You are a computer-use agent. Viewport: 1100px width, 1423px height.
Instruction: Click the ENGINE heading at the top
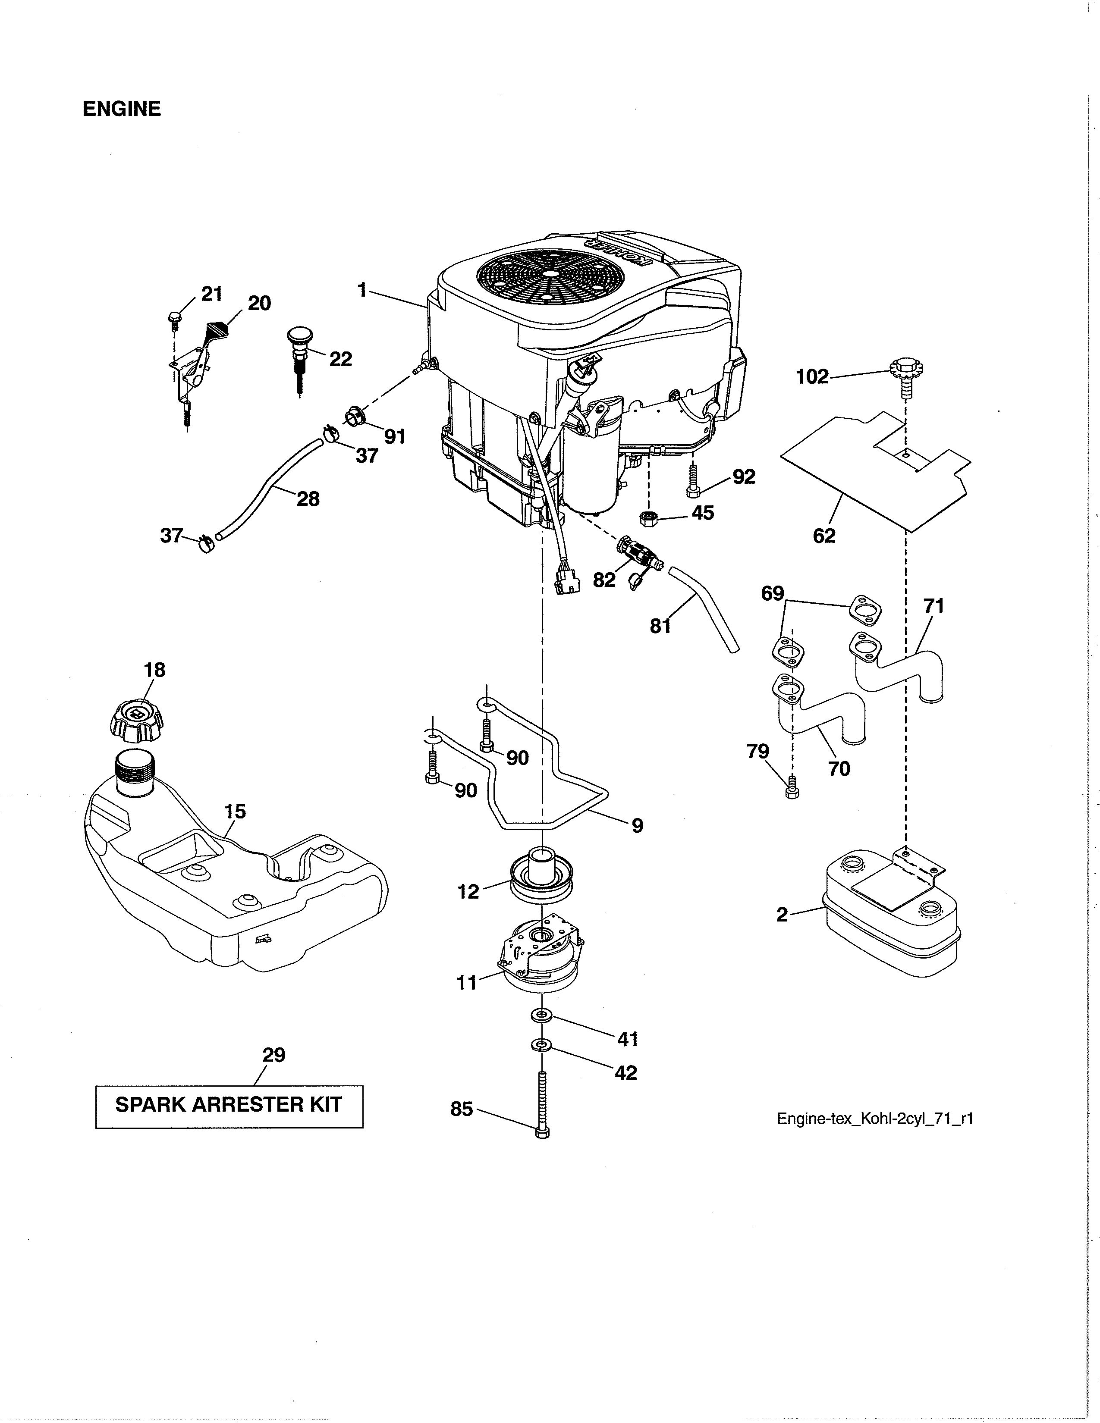(x=121, y=109)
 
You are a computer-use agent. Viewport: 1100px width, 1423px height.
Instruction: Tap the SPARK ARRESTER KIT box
(x=229, y=1105)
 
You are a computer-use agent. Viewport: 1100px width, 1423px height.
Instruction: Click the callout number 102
(x=812, y=376)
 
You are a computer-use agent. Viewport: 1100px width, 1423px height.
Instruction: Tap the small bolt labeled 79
(x=792, y=785)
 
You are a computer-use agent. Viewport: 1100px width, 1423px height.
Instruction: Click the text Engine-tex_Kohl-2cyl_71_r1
(x=874, y=1119)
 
